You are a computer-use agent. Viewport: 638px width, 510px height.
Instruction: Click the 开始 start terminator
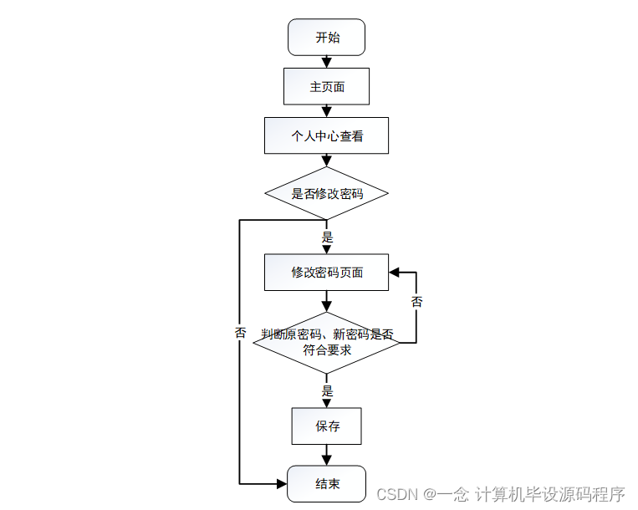326,38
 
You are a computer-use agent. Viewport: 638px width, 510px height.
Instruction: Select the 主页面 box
326,86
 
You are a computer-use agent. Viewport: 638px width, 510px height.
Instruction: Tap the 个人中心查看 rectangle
326,135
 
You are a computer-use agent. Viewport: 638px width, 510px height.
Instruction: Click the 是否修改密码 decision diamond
326,193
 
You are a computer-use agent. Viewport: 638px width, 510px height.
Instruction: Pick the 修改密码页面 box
326,272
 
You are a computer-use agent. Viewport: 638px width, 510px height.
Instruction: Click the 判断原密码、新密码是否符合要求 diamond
326,342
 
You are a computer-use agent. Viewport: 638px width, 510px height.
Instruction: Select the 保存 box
326,426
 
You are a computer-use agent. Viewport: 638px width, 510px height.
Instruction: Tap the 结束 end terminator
326,483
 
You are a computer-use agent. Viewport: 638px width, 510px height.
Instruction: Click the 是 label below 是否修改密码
327,237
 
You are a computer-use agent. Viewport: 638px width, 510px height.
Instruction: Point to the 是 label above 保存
327,390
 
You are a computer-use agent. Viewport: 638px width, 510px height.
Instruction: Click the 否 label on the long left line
241,332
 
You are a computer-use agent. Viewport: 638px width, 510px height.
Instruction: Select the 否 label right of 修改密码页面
416,301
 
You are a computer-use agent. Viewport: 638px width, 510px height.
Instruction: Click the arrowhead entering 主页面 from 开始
326,63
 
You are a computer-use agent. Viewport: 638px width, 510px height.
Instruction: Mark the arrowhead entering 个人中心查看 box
326,112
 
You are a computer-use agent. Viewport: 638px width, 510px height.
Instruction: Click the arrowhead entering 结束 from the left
281,483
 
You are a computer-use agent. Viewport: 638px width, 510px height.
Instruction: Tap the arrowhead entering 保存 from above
326,403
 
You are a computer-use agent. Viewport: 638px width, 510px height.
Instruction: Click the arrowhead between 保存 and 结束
326,460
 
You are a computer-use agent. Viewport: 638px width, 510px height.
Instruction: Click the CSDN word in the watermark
397,494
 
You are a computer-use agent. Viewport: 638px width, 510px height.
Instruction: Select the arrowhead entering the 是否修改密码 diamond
326,162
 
